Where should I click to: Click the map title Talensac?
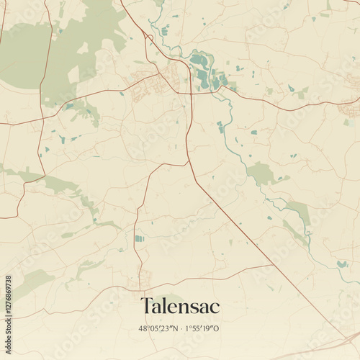180,306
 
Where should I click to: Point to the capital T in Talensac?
146,306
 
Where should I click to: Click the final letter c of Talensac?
215,307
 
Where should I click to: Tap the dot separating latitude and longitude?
181,328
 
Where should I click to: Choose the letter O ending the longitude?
217,328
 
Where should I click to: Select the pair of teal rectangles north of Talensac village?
139,238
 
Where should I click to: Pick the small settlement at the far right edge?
351,109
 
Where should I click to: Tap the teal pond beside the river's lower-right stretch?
341,264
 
